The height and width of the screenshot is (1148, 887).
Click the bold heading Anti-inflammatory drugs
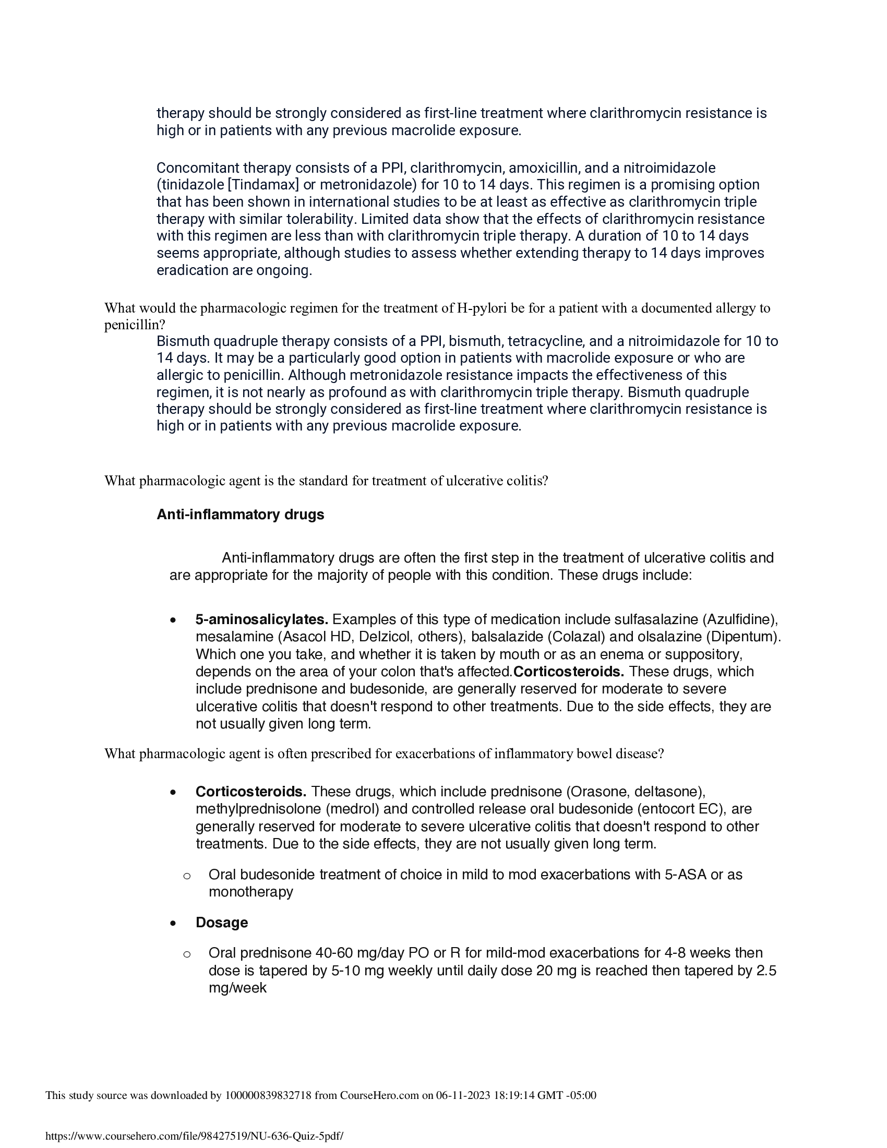click(x=240, y=515)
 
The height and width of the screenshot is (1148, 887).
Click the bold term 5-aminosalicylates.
click(x=262, y=620)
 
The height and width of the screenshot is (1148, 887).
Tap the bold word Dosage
click(x=221, y=923)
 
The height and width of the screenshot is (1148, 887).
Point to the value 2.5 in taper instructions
click(x=765, y=971)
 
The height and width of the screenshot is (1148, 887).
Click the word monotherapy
click(x=250, y=892)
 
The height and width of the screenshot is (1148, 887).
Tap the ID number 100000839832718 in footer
click(x=268, y=1095)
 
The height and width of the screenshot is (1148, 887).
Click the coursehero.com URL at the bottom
click(x=195, y=1136)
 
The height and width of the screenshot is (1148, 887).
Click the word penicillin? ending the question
click(x=135, y=325)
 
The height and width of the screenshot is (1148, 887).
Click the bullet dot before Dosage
click(x=173, y=923)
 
